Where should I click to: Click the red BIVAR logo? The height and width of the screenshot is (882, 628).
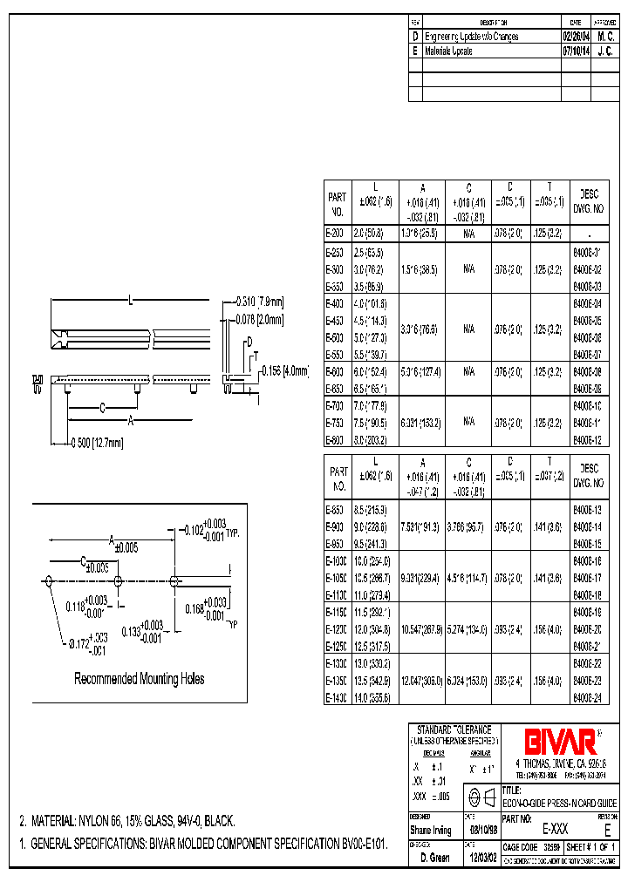click(x=560, y=741)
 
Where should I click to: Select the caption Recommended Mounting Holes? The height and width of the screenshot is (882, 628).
click(x=140, y=678)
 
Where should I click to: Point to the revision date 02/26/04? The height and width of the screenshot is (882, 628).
click(x=575, y=37)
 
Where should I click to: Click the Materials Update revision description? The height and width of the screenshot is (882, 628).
click(x=448, y=51)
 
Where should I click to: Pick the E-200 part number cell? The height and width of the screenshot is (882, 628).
click(x=335, y=234)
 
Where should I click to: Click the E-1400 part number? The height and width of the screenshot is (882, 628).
click(x=336, y=696)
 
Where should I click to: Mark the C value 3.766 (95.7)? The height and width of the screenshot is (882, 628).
click(x=468, y=526)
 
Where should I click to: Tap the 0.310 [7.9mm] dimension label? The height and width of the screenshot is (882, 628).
click(x=260, y=302)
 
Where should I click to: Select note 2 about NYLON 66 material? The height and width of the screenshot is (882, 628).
click(x=127, y=821)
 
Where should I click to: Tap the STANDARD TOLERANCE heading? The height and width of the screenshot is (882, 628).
click(x=454, y=729)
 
